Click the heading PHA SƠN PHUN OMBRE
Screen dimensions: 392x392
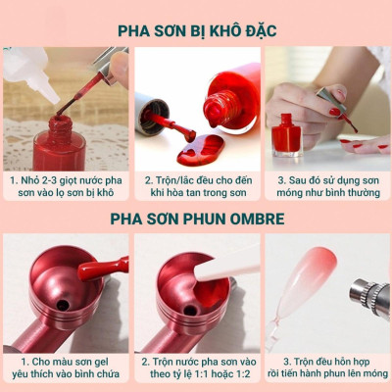(x=196, y=217)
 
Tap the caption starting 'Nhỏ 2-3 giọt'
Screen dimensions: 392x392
(x=67, y=187)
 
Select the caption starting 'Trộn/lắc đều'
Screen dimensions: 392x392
(x=196, y=187)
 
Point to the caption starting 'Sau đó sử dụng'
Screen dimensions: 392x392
(x=325, y=187)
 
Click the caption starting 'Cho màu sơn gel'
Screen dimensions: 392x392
(x=67, y=367)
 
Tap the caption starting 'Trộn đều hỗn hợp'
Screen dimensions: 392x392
(x=325, y=367)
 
